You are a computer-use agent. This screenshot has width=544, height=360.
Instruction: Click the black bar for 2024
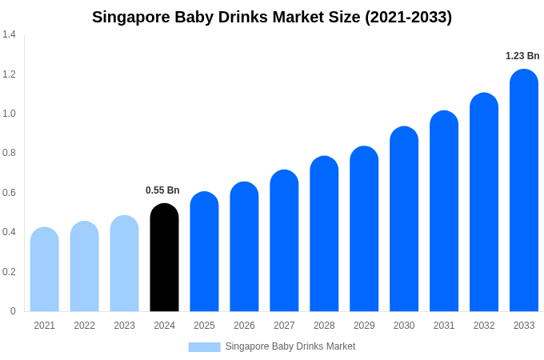pyautogui.click(x=164, y=258)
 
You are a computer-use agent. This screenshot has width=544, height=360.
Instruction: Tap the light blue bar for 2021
pyautogui.click(x=45, y=270)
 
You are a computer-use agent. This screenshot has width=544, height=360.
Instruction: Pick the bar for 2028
pyautogui.click(x=324, y=234)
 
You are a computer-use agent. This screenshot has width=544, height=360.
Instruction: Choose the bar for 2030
pyautogui.click(x=404, y=219)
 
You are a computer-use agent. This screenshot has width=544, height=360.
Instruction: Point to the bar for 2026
pyautogui.click(x=244, y=246)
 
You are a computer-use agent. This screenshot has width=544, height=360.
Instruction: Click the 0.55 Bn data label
pyautogui.click(x=162, y=190)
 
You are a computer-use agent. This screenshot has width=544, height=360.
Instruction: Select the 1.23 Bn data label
pyautogui.click(x=522, y=56)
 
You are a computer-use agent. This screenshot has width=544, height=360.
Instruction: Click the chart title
pyautogui.click(x=272, y=17)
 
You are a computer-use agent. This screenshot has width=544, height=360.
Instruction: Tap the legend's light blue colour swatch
pyautogui.click(x=204, y=347)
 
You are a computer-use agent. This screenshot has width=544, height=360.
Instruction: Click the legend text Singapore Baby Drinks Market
pyautogui.click(x=290, y=346)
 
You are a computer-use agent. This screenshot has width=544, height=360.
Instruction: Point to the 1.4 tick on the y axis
pyautogui.click(x=9, y=34)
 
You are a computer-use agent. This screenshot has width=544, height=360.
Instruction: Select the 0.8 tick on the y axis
pyautogui.click(x=9, y=153)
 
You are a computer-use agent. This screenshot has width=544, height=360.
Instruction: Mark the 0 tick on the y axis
pyautogui.click(x=13, y=311)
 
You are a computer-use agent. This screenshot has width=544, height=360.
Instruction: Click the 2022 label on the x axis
pyautogui.click(x=84, y=326)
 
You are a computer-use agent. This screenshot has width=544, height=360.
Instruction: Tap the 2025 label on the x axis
pyautogui.click(x=204, y=326)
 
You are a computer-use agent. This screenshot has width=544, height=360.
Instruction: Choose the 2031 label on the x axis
pyautogui.click(x=444, y=326)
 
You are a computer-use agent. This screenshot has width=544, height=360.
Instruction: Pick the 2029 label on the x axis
pyautogui.click(x=364, y=326)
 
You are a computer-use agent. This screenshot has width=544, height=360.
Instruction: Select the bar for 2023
pyautogui.click(x=124, y=263)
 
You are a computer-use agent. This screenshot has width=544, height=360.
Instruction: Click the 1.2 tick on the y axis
pyautogui.click(x=9, y=74)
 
